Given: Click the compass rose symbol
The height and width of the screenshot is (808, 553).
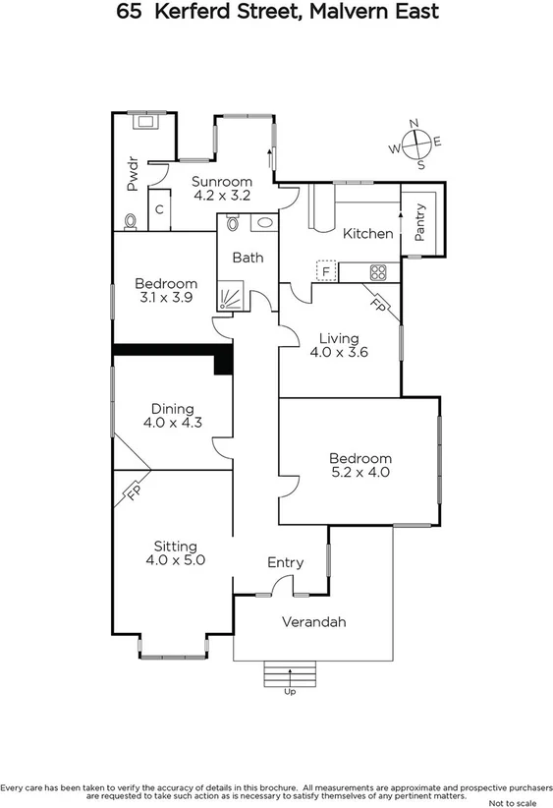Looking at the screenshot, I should coord(417,144).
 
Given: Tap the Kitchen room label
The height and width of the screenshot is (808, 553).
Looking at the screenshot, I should coord(367,233).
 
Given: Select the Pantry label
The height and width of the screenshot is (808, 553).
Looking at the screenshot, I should coord(421,221).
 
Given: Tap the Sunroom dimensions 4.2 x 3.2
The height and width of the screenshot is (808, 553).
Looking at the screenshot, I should coord(221,196).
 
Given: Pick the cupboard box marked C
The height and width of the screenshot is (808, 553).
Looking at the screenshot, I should coord(159,209).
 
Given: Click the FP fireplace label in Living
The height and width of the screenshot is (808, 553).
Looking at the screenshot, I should coord(378,304).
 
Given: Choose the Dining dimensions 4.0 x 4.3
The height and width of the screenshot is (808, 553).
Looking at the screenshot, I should coord(172,424).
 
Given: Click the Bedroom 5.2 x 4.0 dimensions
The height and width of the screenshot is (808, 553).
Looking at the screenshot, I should coord(359,473).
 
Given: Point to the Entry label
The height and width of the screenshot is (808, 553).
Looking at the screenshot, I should coord(285,562).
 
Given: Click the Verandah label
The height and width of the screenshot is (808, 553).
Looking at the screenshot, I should coord(313,622).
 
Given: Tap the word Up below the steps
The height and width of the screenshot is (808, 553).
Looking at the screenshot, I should coord(290,692).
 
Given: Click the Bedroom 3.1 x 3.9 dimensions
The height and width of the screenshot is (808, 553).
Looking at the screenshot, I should coord(166,298).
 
